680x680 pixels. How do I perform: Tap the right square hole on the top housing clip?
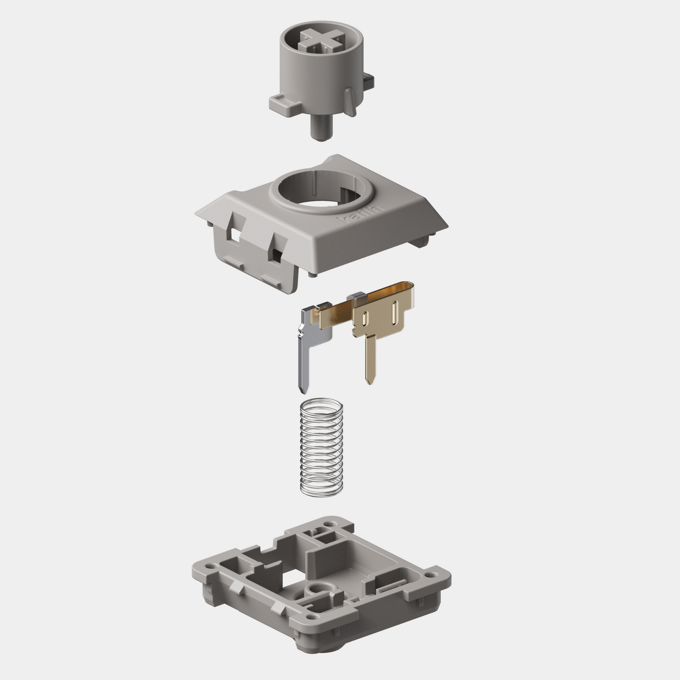tap(277, 255)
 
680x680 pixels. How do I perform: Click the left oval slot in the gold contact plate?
tap(365, 318)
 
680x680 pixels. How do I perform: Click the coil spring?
tap(321, 447)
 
